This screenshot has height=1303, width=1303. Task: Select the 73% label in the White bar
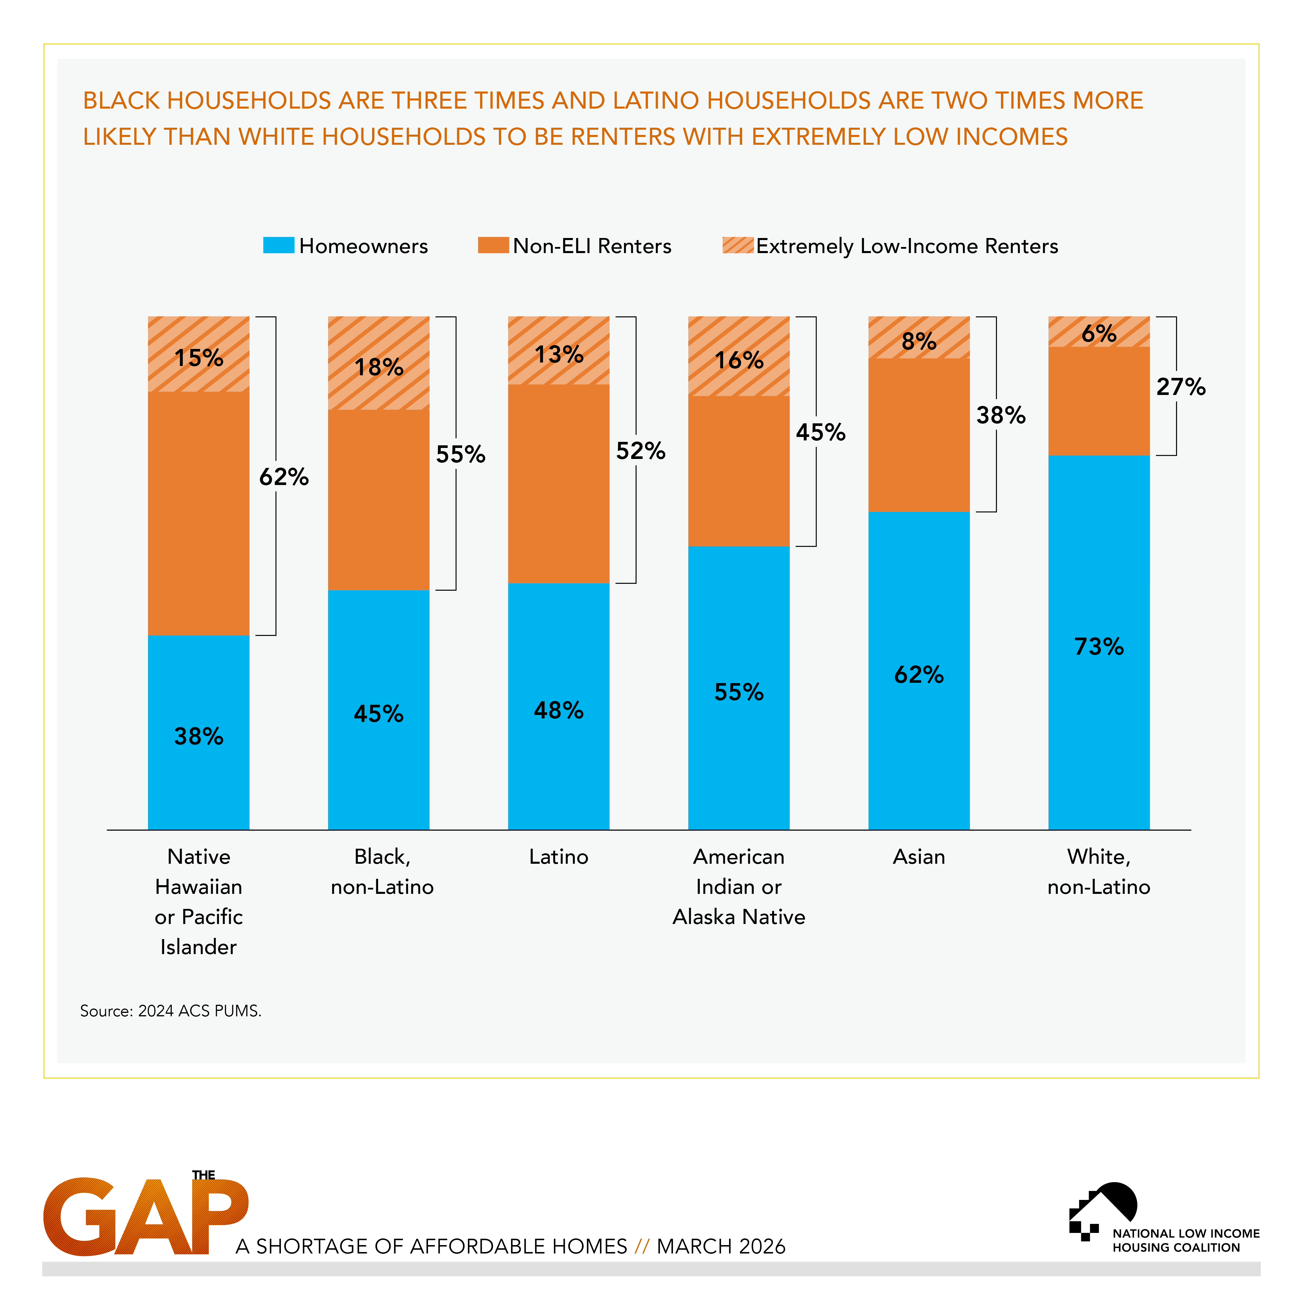click(x=1099, y=646)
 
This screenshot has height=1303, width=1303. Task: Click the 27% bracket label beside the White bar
click(x=1180, y=387)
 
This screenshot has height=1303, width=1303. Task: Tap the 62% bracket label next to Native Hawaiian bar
click(x=284, y=477)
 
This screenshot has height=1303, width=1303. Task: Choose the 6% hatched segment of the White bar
click(x=1099, y=332)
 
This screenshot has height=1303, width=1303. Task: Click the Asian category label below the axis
click(x=918, y=857)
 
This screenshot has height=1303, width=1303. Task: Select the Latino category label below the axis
click(x=559, y=857)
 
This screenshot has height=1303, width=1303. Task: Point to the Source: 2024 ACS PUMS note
click(x=171, y=1010)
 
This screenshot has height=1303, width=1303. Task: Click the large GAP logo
click(x=145, y=1216)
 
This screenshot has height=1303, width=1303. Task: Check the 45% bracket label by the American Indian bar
click(x=820, y=432)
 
